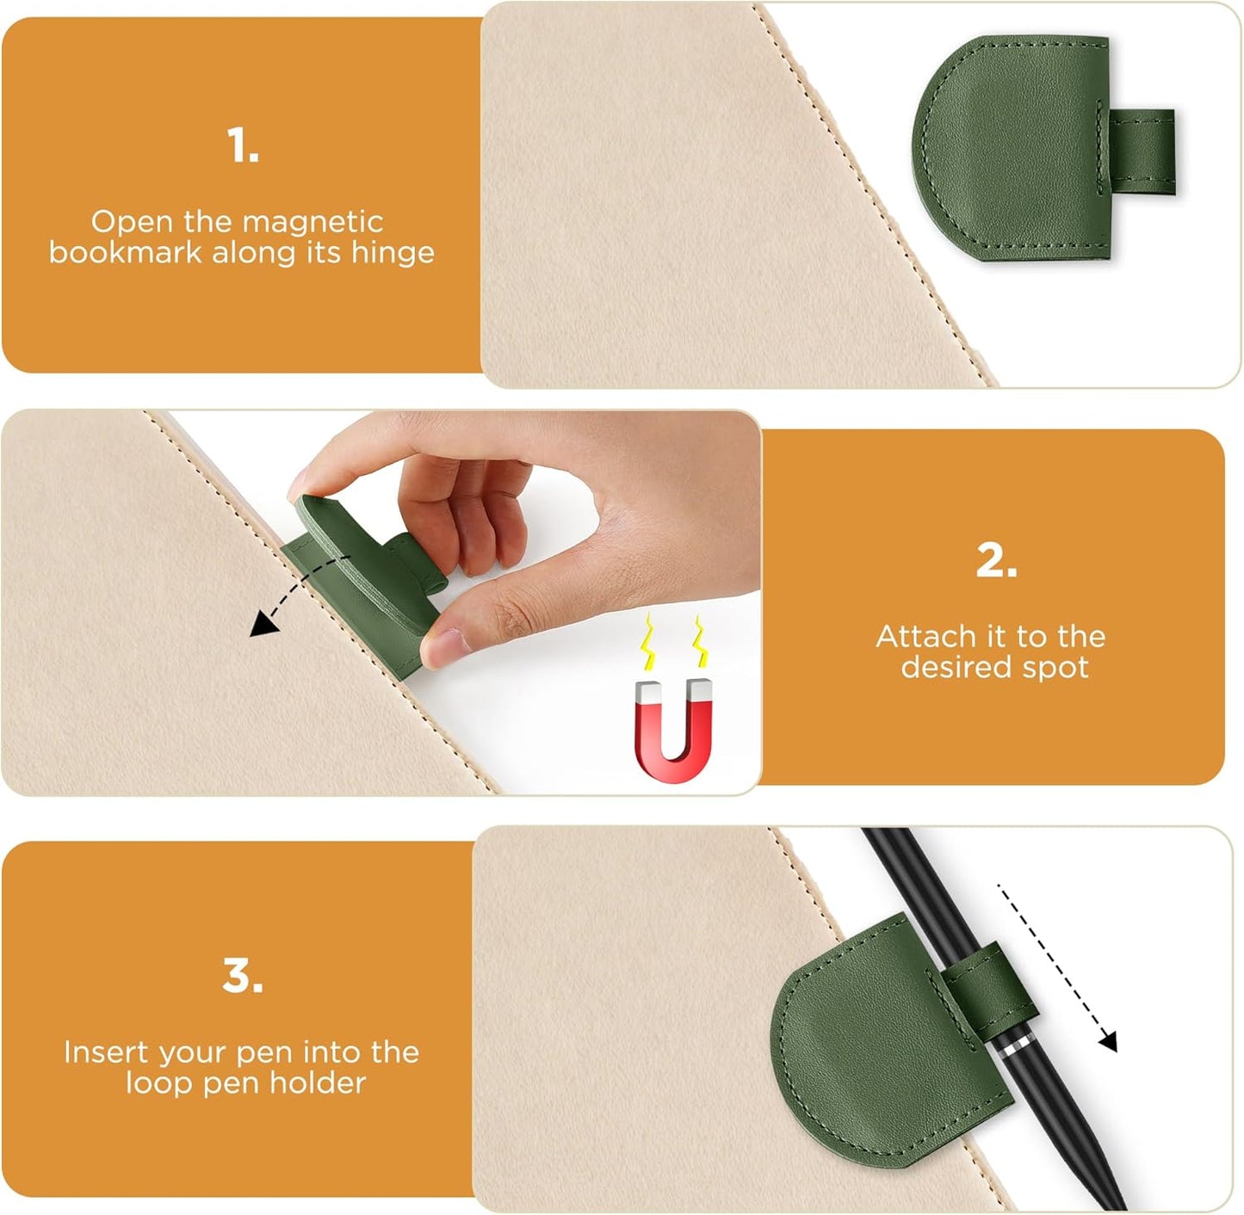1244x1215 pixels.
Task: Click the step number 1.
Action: point(243,145)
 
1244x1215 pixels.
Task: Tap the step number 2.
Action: point(996,561)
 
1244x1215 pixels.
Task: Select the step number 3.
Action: point(242,976)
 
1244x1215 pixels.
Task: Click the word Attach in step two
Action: point(922,637)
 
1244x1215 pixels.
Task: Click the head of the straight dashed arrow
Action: point(1108,1042)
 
